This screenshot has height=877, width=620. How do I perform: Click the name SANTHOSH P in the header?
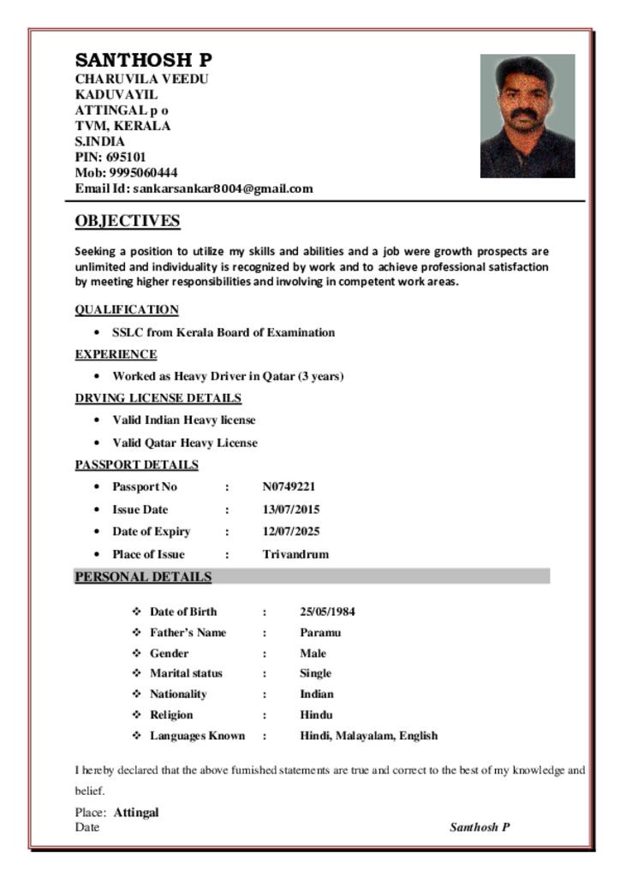click(x=143, y=60)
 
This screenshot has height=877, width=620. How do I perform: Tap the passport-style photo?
click(x=527, y=116)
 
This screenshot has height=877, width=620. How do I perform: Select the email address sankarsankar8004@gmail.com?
click(x=224, y=188)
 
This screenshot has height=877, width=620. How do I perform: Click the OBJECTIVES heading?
click(x=128, y=221)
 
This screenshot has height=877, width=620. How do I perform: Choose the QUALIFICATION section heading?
click(x=127, y=309)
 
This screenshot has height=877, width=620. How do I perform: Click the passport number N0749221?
click(x=289, y=486)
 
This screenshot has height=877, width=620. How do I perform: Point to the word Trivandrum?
click(x=295, y=554)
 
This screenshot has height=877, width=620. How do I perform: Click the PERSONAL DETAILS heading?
click(x=143, y=576)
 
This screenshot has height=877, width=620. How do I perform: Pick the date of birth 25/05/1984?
click(x=327, y=612)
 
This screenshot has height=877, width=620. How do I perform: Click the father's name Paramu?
click(x=320, y=632)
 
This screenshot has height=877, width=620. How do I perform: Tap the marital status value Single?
click(x=315, y=673)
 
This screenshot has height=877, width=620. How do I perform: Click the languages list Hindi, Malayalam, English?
click(x=368, y=735)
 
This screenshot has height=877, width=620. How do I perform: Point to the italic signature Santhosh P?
click(x=480, y=827)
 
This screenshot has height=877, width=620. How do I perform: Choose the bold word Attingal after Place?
click(x=136, y=812)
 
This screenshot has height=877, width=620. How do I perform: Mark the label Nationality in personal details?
click(x=178, y=694)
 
